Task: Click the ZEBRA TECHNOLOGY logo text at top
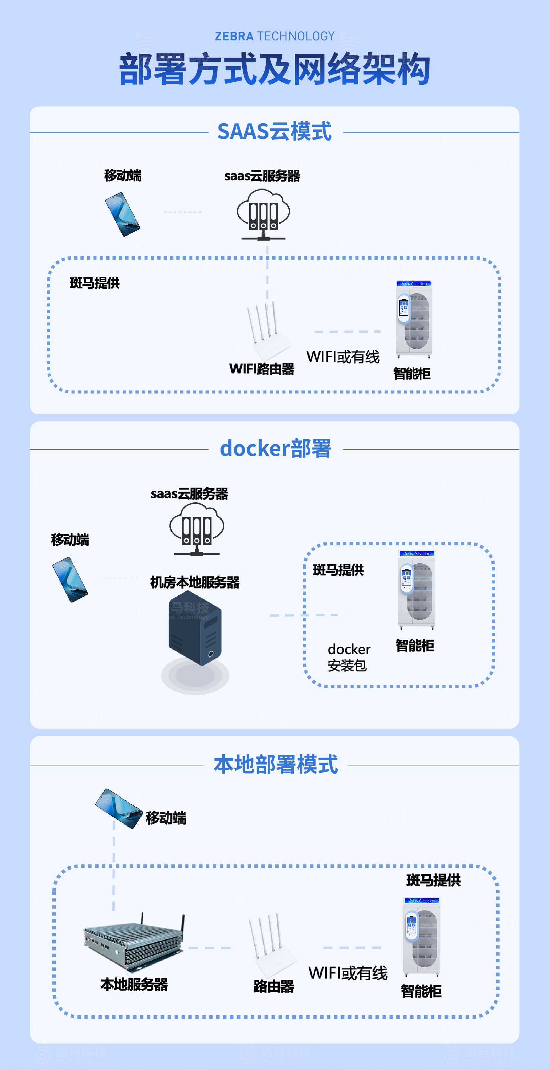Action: point(274,36)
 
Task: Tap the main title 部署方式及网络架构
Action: point(274,69)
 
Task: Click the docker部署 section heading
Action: point(275,449)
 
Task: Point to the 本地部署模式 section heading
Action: point(276,765)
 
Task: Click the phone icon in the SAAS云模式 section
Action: point(122,214)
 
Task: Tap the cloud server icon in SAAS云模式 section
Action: point(264,214)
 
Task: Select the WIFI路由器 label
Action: point(262,369)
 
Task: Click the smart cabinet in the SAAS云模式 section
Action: point(414,319)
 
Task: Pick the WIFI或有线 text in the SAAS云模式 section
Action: point(343,357)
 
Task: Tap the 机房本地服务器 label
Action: point(194,582)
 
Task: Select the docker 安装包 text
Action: point(349,657)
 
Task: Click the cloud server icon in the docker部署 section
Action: point(196,529)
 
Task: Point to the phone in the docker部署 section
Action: point(70,579)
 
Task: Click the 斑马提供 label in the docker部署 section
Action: point(338,570)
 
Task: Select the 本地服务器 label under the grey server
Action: point(134,985)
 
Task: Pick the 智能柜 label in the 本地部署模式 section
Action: point(421,992)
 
